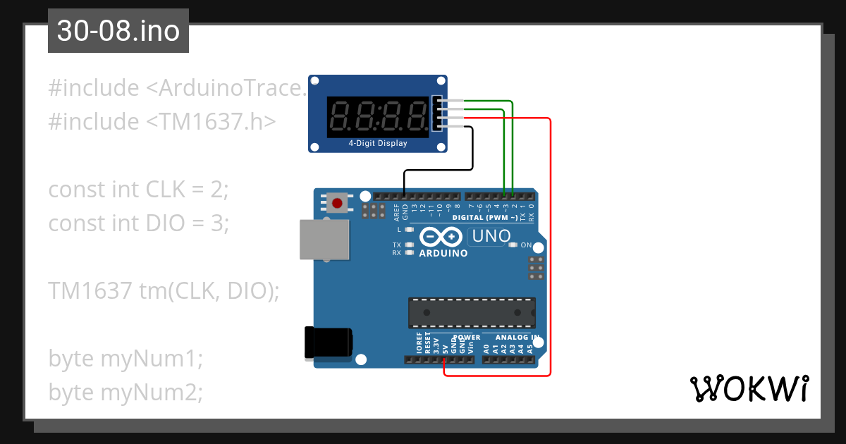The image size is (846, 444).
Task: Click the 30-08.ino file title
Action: coord(118,32)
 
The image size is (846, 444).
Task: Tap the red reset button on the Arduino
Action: coord(337,204)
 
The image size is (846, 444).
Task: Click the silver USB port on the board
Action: coord(325,240)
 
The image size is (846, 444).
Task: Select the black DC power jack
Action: coord(327,343)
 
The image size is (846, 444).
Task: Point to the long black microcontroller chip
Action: coord(471,312)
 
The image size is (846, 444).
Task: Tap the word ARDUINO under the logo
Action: coord(443,253)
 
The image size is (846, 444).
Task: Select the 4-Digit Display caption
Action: coord(378,143)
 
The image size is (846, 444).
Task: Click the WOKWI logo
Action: coord(749,388)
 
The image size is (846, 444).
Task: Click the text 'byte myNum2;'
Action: coord(125,393)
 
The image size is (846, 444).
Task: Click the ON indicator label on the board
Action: coord(526,245)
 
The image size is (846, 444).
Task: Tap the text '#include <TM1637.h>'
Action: coord(161,121)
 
